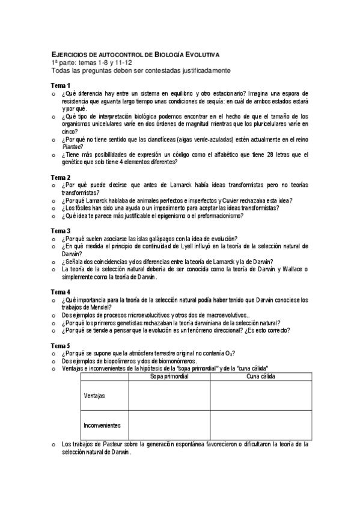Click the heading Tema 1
click(60, 85)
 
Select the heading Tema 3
click(60, 230)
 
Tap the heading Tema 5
click(60, 345)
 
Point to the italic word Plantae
click(72, 146)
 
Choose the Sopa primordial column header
click(169, 376)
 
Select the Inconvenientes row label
click(100, 425)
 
